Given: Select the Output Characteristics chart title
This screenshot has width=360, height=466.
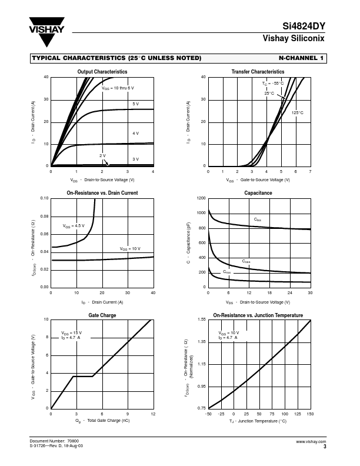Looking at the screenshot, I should (x=102, y=72).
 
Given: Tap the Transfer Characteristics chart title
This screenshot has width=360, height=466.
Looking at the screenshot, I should (x=258, y=72).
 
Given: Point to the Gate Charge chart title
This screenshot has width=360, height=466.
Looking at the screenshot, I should (x=102, y=315).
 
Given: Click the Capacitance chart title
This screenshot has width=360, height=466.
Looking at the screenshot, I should (x=258, y=193).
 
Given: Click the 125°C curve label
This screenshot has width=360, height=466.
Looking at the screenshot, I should (x=297, y=112).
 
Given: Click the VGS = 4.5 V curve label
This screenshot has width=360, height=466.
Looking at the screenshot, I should (x=74, y=226).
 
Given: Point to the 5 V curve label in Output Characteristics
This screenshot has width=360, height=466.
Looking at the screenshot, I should (x=135, y=104).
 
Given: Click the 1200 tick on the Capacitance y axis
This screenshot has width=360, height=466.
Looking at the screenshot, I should (x=201, y=199).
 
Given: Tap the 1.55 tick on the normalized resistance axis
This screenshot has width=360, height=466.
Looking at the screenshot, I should (x=201, y=319).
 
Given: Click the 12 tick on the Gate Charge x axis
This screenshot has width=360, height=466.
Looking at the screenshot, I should (x=153, y=414).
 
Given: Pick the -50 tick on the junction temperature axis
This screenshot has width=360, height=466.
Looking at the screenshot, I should (x=208, y=414).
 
